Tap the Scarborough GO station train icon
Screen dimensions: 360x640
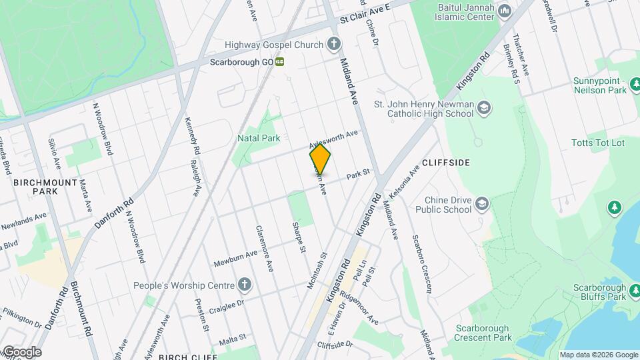281,61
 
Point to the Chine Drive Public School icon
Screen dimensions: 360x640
482,204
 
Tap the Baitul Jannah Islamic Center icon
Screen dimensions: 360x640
505,11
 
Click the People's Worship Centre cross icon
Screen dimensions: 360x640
245,285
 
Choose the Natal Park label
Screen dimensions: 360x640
259,138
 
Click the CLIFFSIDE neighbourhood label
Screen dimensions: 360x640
446,163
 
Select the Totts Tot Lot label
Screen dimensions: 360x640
598,143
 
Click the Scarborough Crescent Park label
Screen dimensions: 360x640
483,333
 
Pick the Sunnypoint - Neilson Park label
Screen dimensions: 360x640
599,85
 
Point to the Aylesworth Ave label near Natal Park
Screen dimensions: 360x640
333,139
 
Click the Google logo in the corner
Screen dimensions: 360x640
22,352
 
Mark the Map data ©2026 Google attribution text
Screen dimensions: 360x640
598,355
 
